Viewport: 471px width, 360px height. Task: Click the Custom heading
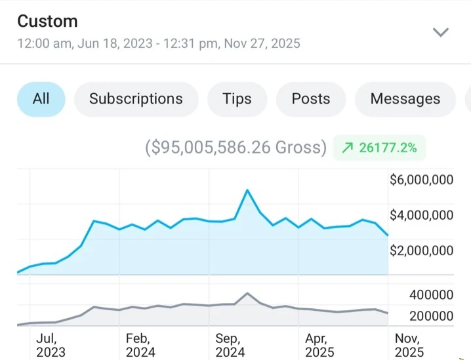tap(47, 21)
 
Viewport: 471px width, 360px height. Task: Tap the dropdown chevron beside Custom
tap(441, 32)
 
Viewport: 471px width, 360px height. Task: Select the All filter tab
tap(41, 99)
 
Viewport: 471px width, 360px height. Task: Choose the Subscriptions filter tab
tap(136, 99)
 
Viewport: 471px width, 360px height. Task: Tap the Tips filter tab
tap(237, 99)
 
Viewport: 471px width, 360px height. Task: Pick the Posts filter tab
tap(311, 99)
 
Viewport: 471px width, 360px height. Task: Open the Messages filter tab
tap(405, 99)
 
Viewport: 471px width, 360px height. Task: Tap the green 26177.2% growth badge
tap(379, 148)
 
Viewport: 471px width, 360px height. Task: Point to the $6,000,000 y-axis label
tap(421, 180)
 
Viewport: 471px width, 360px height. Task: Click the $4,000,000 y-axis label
tap(421, 215)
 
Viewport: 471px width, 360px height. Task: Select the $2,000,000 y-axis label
tap(421, 250)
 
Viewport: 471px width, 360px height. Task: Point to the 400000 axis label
tap(431, 296)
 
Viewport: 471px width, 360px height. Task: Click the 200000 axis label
tap(431, 316)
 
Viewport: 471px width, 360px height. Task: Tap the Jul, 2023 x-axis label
tap(51, 345)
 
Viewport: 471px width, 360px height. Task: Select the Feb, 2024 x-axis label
tap(140, 345)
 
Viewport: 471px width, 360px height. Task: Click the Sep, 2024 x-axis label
tap(230, 345)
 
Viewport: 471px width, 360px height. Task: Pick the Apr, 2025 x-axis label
tap(320, 345)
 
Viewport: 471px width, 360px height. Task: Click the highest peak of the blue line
tap(247, 190)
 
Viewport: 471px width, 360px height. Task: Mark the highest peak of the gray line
tap(247, 293)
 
